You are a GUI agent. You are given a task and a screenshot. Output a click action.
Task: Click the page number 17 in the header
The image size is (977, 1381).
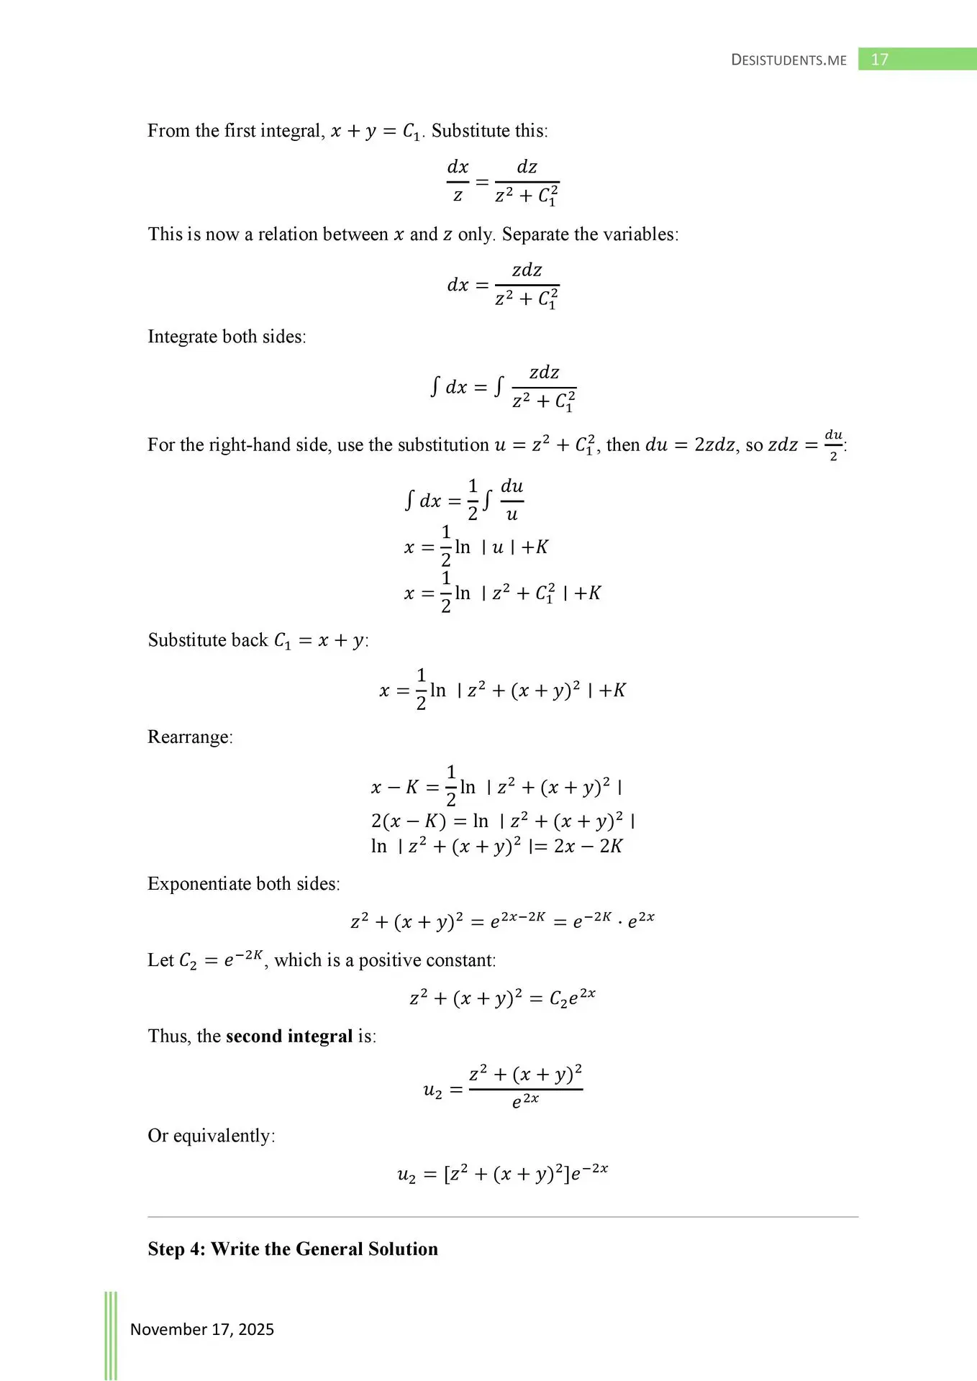pos(879,59)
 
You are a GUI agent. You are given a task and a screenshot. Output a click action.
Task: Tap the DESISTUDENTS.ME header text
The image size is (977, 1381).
pos(789,60)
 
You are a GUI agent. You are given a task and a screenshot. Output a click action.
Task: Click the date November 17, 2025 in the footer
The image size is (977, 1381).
pos(202,1329)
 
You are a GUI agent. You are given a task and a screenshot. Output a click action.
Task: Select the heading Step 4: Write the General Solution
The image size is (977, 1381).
pos(293,1249)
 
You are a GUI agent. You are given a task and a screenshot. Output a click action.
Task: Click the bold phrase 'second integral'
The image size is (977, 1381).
pos(289,1036)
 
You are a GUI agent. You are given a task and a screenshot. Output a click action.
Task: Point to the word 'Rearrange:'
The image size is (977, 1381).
pos(190,737)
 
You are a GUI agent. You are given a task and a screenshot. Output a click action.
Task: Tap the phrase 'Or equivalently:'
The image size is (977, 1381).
pos(212,1135)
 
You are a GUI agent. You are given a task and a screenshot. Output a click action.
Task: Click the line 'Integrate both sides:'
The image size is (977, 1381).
pos(227,337)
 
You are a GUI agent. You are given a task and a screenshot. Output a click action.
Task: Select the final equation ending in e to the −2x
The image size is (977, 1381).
pos(502,1174)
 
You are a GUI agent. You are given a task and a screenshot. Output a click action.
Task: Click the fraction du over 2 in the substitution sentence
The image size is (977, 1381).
pos(833,445)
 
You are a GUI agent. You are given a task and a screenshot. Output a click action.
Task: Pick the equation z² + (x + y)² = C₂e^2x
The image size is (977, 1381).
pos(502,998)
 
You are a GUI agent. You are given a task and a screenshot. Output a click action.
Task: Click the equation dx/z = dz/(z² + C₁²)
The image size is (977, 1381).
pos(502,182)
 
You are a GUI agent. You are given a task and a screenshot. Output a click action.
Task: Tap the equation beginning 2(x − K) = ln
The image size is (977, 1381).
pos(502,821)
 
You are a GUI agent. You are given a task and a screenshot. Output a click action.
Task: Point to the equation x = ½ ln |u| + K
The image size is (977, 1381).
pos(476,547)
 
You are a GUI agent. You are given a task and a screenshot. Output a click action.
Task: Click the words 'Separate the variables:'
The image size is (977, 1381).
pos(590,234)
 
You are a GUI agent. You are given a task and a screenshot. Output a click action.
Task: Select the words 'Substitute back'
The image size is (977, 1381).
pos(208,639)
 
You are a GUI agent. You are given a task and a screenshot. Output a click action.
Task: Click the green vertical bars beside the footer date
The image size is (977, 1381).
pos(111,1334)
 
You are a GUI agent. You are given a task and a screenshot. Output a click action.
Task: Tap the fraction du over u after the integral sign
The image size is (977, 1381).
pos(512,500)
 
